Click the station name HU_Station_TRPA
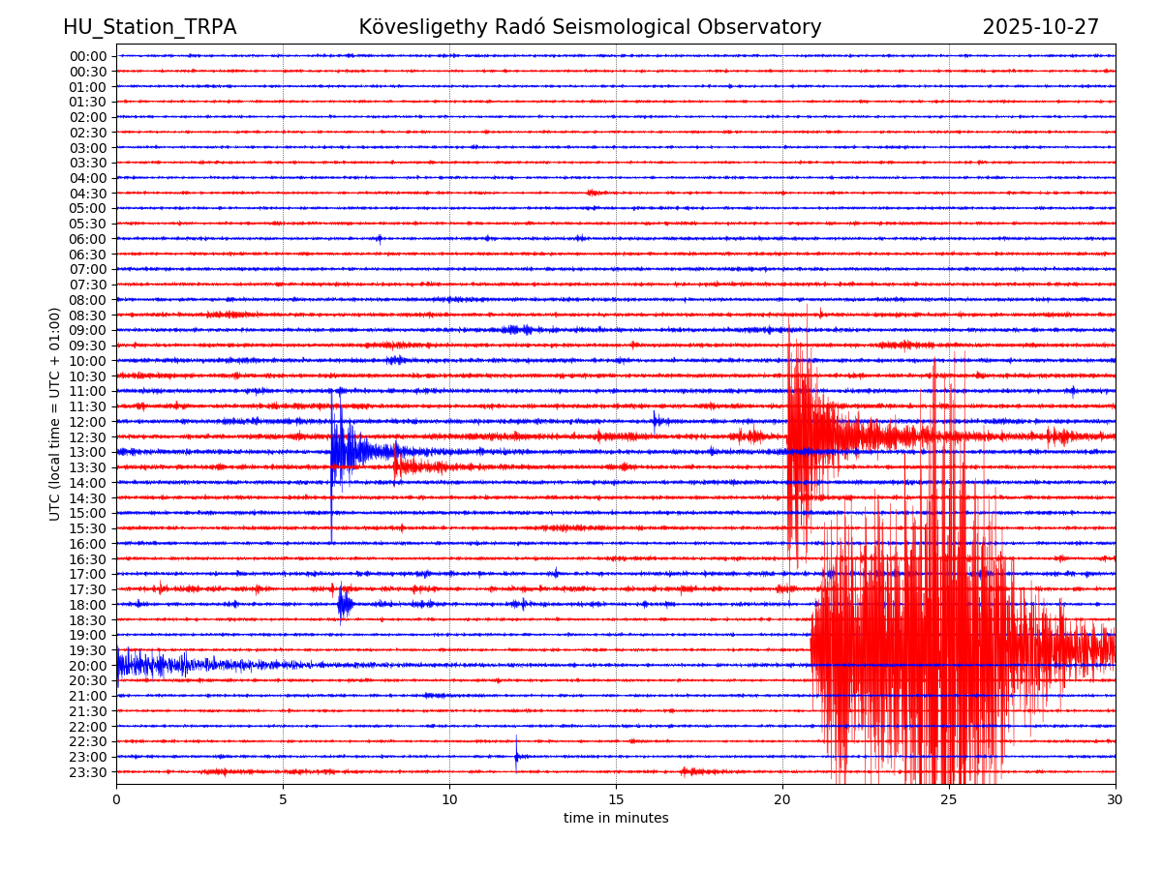pos(149,27)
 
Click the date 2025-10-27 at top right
pos(1041,27)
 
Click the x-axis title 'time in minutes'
pos(616,818)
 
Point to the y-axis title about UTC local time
pos(55,413)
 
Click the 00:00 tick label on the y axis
pos(87,56)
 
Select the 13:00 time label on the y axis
pos(87,452)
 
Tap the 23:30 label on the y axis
pos(87,772)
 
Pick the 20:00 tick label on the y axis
pos(87,666)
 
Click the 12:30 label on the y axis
pos(87,437)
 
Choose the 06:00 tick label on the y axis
pos(87,239)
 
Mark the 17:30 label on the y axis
pos(87,589)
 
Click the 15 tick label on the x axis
pos(616,799)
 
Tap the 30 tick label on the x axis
pos(1116,799)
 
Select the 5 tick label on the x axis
pos(283,799)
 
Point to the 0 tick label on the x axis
pos(116,799)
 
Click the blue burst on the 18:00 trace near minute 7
pos(345,605)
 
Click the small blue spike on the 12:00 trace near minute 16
pos(656,420)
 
